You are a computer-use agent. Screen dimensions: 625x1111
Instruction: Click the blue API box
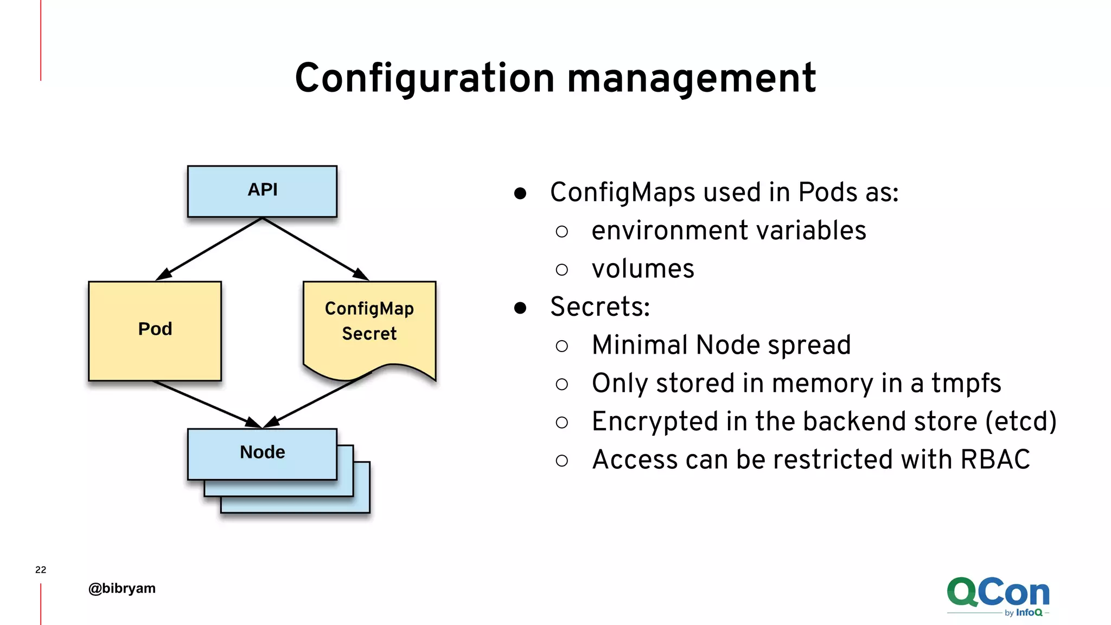262,191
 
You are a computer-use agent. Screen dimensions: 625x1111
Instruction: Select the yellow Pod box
155,330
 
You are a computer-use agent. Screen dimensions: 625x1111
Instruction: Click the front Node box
262,453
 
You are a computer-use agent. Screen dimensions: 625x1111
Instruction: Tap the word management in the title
691,79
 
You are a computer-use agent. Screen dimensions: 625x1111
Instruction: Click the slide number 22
41,570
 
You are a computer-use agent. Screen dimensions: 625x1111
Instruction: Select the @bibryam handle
122,588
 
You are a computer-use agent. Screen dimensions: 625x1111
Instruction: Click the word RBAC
995,460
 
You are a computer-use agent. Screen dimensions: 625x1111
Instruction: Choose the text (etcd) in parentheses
1020,422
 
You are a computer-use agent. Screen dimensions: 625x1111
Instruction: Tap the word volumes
643,269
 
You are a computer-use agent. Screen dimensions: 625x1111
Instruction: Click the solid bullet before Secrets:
520,308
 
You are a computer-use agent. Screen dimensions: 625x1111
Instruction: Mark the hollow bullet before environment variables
562,232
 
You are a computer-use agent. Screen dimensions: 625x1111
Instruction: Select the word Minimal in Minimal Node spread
640,345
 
